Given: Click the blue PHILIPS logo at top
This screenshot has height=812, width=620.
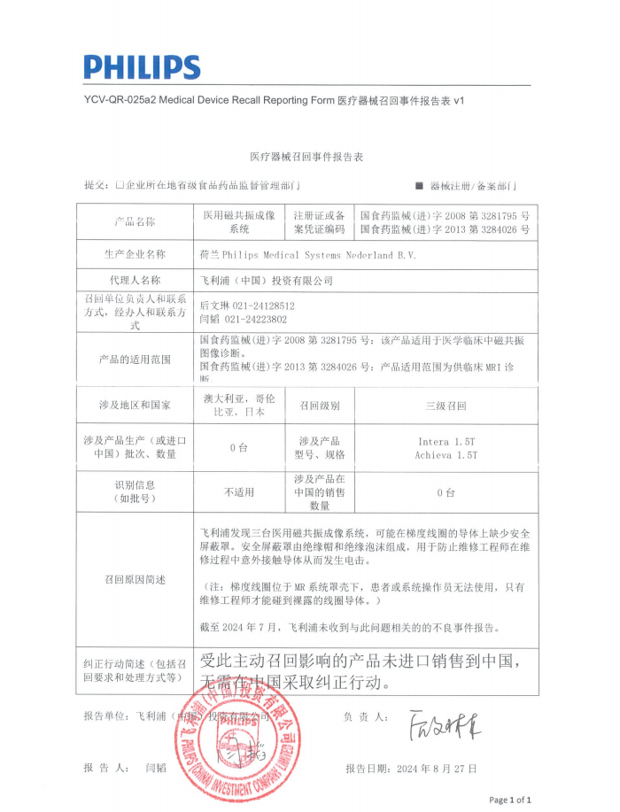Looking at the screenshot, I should click(142, 66).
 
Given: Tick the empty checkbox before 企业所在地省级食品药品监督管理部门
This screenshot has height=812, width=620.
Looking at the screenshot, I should click(120, 186).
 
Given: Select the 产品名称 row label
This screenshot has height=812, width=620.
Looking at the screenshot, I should click(135, 221).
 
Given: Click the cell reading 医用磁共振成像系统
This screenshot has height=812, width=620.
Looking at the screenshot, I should click(239, 221).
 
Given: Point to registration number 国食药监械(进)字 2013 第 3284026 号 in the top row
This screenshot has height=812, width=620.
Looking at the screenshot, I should click(446, 228).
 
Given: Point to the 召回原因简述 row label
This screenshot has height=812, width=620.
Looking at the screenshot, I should click(135, 579).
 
